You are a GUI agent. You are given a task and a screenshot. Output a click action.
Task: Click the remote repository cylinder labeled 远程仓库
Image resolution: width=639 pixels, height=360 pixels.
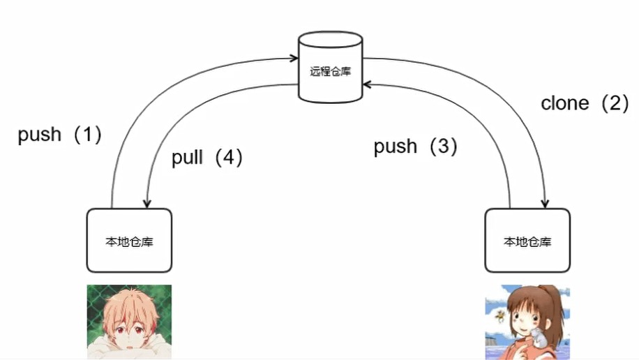coord(330,70)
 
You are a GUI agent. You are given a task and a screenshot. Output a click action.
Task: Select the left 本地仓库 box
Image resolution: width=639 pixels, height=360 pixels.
coord(129,241)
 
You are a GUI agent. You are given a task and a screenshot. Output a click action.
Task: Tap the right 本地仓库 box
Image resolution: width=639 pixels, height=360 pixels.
coord(527,241)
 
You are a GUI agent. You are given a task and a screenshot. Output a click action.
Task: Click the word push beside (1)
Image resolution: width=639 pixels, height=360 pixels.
coord(40,135)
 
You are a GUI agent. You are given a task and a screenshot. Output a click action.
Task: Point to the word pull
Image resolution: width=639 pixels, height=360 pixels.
coord(187,158)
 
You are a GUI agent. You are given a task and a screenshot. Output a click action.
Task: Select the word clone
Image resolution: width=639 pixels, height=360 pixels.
coord(565,103)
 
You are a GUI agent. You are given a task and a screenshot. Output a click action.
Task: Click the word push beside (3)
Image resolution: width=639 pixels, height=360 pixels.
coord(396,147)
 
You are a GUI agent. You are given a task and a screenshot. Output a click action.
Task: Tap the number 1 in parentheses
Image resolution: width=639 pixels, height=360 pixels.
coord(88,135)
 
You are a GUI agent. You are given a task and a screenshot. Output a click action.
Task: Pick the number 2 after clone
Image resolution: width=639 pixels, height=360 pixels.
coord(615,103)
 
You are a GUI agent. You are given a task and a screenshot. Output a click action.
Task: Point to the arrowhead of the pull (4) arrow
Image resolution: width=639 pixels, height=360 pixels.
coord(146,203)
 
